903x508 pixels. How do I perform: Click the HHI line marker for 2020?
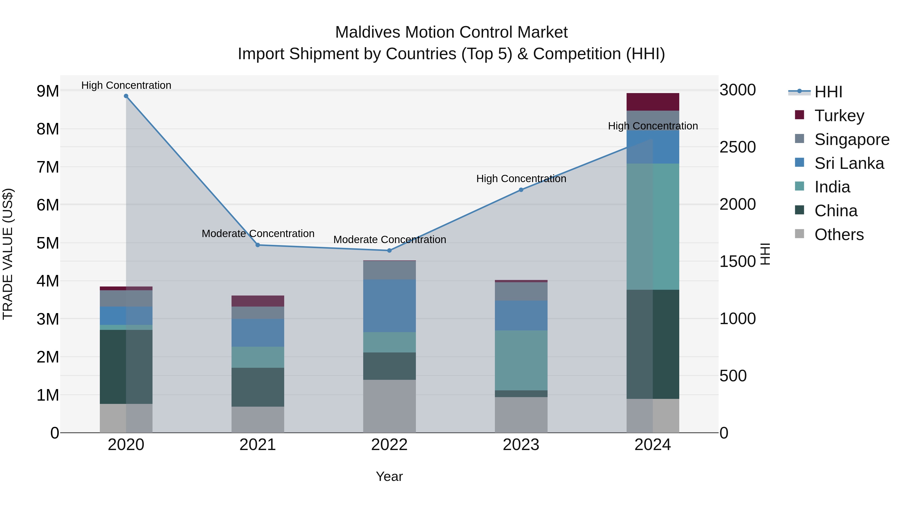126,96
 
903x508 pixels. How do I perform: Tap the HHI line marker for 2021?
258,245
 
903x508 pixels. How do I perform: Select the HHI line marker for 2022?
389,251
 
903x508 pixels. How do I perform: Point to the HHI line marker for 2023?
521,190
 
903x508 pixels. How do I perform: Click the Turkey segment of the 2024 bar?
653,102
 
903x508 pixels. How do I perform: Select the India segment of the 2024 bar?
653,227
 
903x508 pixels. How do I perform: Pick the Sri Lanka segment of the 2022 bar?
389,306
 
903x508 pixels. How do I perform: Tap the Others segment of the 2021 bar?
258,420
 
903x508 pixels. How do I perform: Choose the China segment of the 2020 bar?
126,367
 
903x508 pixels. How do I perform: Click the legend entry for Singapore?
852,139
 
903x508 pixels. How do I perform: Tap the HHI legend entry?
828,92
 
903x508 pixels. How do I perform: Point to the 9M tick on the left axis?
48,91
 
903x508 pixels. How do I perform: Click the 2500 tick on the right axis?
737,147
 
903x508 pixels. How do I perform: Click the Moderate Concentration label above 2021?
258,234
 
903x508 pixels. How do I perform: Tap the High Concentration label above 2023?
521,179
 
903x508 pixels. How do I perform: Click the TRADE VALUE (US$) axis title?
8,254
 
